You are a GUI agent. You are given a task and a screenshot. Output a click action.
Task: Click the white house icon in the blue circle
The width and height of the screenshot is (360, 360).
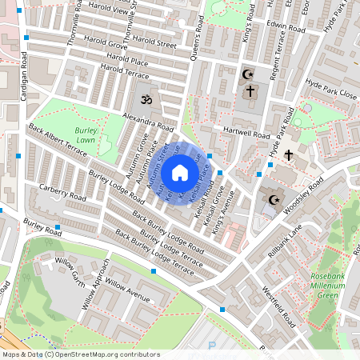tap(180, 172)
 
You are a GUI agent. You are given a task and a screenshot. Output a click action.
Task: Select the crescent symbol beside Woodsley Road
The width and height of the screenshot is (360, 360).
tap(274, 199)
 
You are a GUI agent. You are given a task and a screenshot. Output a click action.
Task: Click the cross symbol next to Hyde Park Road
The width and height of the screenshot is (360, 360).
tap(288, 153)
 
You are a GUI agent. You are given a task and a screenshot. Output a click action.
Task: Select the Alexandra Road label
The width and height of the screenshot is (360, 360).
tap(148, 122)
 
